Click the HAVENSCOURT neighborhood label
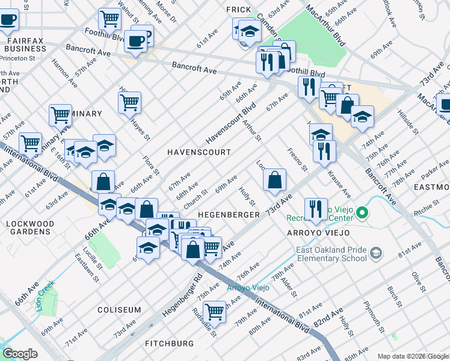point(199,152)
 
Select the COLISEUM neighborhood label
point(119,310)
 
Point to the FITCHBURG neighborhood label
point(169,344)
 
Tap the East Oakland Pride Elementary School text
point(331,253)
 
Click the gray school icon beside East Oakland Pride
point(376,253)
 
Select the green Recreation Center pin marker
point(362,213)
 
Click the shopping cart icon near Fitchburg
point(214,312)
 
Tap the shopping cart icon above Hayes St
point(129,102)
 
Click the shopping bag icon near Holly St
point(274,179)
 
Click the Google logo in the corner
point(20,354)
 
